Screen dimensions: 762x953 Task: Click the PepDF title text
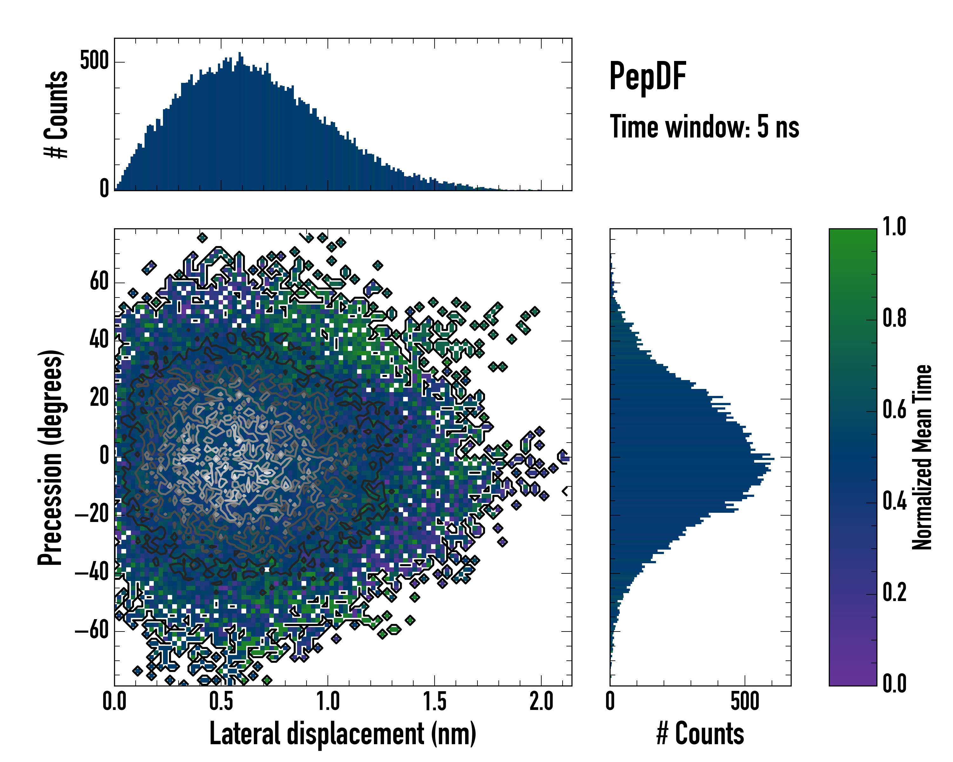tap(647, 77)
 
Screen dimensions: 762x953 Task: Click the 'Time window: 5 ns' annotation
tap(704, 127)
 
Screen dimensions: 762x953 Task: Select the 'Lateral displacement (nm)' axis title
tap(342, 734)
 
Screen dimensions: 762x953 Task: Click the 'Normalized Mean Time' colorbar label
tap(922, 457)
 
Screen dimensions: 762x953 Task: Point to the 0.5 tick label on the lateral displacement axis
tap(221, 701)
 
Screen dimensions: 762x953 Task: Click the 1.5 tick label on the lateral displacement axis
tap(435, 701)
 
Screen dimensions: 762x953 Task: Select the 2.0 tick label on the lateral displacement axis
tap(541, 701)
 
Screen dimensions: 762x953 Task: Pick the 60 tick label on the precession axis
tap(99, 282)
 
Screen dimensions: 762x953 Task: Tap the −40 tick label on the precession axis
tap(92, 573)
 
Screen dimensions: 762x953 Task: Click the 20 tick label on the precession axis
tap(99, 398)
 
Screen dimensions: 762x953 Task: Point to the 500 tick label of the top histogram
tap(94, 61)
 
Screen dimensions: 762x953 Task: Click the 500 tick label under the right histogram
tap(745, 701)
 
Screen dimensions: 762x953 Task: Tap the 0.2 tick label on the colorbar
tap(894, 593)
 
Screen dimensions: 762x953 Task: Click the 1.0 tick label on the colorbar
tap(894, 227)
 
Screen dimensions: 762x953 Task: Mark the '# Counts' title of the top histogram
tap(56, 114)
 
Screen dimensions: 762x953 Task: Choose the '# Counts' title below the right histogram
tap(700, 734)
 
